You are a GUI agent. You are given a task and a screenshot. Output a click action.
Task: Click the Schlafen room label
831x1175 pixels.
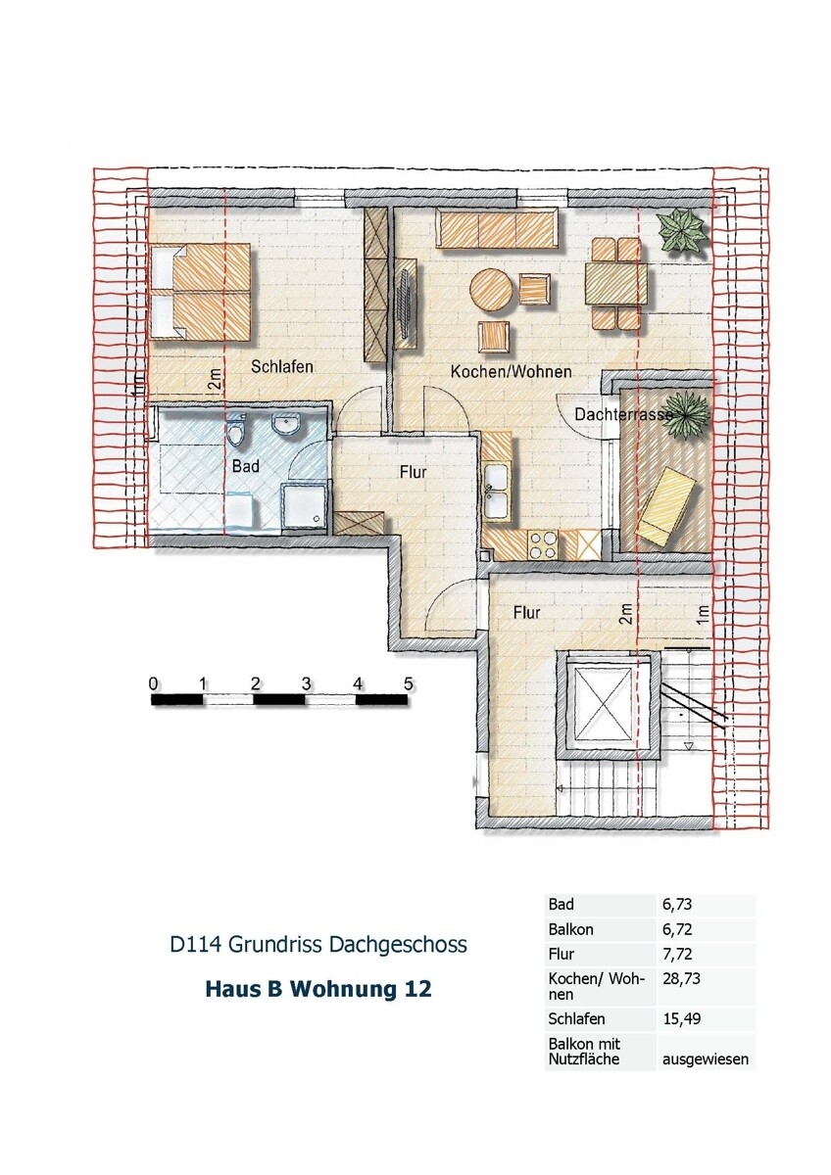pyautogui.click(x=281, y=367)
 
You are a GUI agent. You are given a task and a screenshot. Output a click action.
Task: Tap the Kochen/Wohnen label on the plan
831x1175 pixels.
pyautogui.click(x=511, y=372)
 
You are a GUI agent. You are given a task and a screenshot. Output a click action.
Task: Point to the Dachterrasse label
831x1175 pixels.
pyautogui.click(x=623, y=415)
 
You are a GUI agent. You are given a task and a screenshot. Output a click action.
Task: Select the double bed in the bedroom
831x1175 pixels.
pyautogui.click(x=202, y=291)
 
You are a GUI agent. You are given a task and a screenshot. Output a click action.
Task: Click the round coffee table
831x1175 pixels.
pyautogui.click(x=492, y=292)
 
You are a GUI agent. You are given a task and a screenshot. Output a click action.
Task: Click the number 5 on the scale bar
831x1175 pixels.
pyautogui.click(x=408, y=681)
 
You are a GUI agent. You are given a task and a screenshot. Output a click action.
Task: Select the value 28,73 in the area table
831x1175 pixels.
pyautogui.click(x=682, y=978)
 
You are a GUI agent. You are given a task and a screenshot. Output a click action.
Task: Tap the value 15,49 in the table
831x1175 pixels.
pyautogui.click(x=682, y=1019)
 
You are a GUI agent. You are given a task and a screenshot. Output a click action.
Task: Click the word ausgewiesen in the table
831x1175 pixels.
pyautogui.click(x=706, y=1058)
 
